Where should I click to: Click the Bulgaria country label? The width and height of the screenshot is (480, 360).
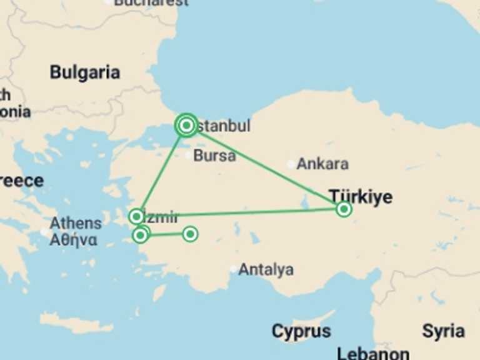point(84,72)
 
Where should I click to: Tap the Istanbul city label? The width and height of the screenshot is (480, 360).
point(223,126)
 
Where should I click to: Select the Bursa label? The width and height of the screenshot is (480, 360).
point(214,156)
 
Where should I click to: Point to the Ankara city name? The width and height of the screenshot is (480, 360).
point(322,164)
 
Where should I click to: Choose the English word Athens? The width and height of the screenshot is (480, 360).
point(76,223)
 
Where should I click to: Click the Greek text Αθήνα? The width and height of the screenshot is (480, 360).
point(73,239)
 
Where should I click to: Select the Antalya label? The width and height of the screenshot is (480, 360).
point(266,270)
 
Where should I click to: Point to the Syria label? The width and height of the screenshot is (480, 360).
point(443,331)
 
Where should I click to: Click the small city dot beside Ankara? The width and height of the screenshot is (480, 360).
point(291,164)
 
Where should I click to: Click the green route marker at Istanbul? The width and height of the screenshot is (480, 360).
point(186,126)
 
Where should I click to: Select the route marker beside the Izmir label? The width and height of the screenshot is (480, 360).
point(136,217)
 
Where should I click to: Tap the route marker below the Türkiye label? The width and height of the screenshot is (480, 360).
point(344,209)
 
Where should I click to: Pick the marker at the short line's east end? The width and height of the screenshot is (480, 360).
point(190,234)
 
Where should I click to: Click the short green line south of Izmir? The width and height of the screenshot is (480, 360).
point(166,234)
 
